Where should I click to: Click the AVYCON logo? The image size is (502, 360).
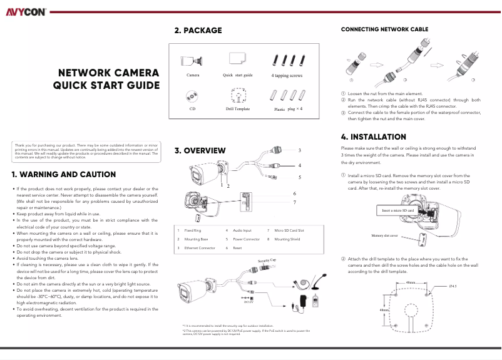tap(23, 11)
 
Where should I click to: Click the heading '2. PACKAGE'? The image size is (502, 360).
tap(198, 30)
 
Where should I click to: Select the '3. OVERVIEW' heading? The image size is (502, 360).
tap(200, 151)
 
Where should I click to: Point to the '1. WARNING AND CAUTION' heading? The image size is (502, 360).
tap(64, 174)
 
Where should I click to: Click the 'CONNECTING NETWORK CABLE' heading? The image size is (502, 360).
tap(384, 29)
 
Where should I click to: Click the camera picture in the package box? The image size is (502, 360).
tap(192, 61)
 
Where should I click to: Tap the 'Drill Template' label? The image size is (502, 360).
tap(238, 109)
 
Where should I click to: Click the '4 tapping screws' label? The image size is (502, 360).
tap(287, 75)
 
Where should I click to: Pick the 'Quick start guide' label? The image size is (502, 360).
tap(238, 75)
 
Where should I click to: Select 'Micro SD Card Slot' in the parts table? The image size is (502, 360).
tap(289, 231)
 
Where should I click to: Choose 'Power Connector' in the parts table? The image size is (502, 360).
tap(246, 240)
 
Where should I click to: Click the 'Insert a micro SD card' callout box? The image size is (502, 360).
tap(398, 211)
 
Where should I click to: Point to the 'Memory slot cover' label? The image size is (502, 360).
tap(386, 236)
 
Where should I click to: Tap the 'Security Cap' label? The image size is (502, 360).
tap(267, 259)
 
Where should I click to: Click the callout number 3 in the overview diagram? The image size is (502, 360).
tap(299, 150)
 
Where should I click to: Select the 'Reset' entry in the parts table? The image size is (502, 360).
tap(237, 249)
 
